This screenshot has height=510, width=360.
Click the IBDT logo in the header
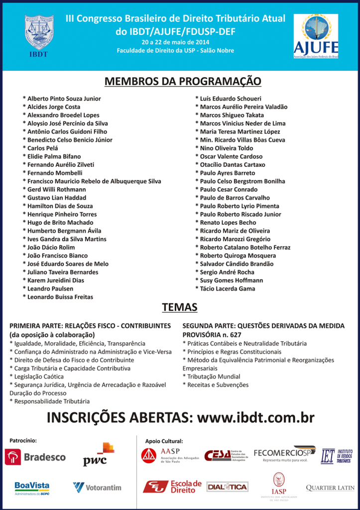(39, 35)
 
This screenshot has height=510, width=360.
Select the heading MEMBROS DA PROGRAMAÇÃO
(182, 81)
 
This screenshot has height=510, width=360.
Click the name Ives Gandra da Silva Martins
(67, 239)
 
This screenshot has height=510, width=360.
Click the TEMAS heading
(180, 308)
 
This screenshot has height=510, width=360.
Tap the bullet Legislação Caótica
(37, 377)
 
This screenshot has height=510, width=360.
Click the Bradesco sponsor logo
(35, 457)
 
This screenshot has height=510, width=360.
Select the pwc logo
(98, 454)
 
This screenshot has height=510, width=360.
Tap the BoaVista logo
(32, 487)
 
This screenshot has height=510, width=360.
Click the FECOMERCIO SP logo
(285, 454)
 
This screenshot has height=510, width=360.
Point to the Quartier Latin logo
(330, 488)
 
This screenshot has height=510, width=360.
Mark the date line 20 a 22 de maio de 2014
(175, 42)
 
